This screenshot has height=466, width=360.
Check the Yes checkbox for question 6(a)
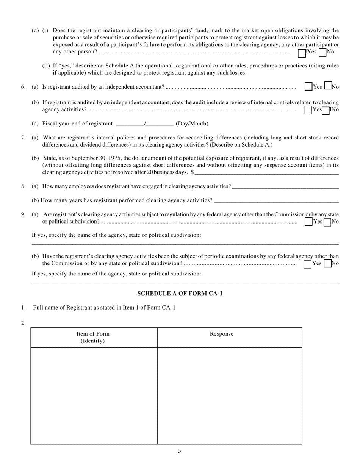coord(308,87)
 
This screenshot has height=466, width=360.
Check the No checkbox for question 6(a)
coord(328,86)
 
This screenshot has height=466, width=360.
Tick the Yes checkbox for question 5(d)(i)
coord(302,53)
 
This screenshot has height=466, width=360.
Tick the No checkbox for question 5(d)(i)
coord(322,52)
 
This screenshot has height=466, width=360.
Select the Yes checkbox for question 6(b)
coord(308,110)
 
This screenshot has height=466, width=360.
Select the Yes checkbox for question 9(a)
coord(308,222)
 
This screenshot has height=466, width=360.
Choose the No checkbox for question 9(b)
coord(328,263)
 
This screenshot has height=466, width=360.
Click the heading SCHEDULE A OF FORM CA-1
coord(180,293)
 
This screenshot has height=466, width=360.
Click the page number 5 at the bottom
coord(180,451)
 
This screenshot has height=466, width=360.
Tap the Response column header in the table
coord(222,334)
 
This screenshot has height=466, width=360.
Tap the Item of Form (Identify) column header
coord(93,337)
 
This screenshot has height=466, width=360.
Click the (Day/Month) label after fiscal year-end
coord(192,124)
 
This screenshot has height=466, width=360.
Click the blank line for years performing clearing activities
coord(276,200)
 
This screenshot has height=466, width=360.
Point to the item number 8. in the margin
coord(23,186)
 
